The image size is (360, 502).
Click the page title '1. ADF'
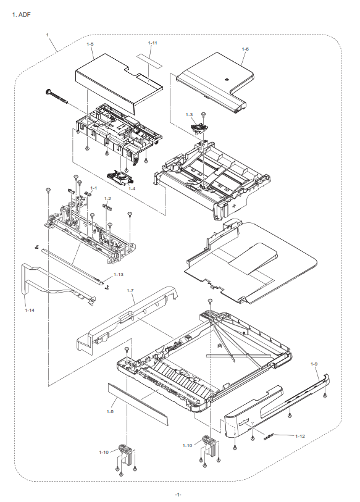[21, 15]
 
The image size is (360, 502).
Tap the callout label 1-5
[90, 44]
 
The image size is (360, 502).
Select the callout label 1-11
[153, 43]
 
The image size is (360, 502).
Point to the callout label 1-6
[245, 49]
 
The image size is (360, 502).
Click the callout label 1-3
[189, 114]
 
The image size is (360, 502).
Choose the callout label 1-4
[132, 188]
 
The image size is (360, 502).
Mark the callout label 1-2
[107, 198]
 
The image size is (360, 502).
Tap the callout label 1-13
[118, 274]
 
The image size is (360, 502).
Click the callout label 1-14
[30, 310]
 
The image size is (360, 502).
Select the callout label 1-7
[130, 290]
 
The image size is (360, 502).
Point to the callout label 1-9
[314, 364]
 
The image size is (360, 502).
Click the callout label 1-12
[299, 436]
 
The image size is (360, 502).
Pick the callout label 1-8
[110, 411]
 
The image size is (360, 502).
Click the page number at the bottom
[178, 495]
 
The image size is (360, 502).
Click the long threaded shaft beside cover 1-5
[57, 96]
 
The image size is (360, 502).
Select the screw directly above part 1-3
[203, 114]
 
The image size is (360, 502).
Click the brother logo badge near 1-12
[269, 436]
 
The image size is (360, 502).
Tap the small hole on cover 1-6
[226, 79]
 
